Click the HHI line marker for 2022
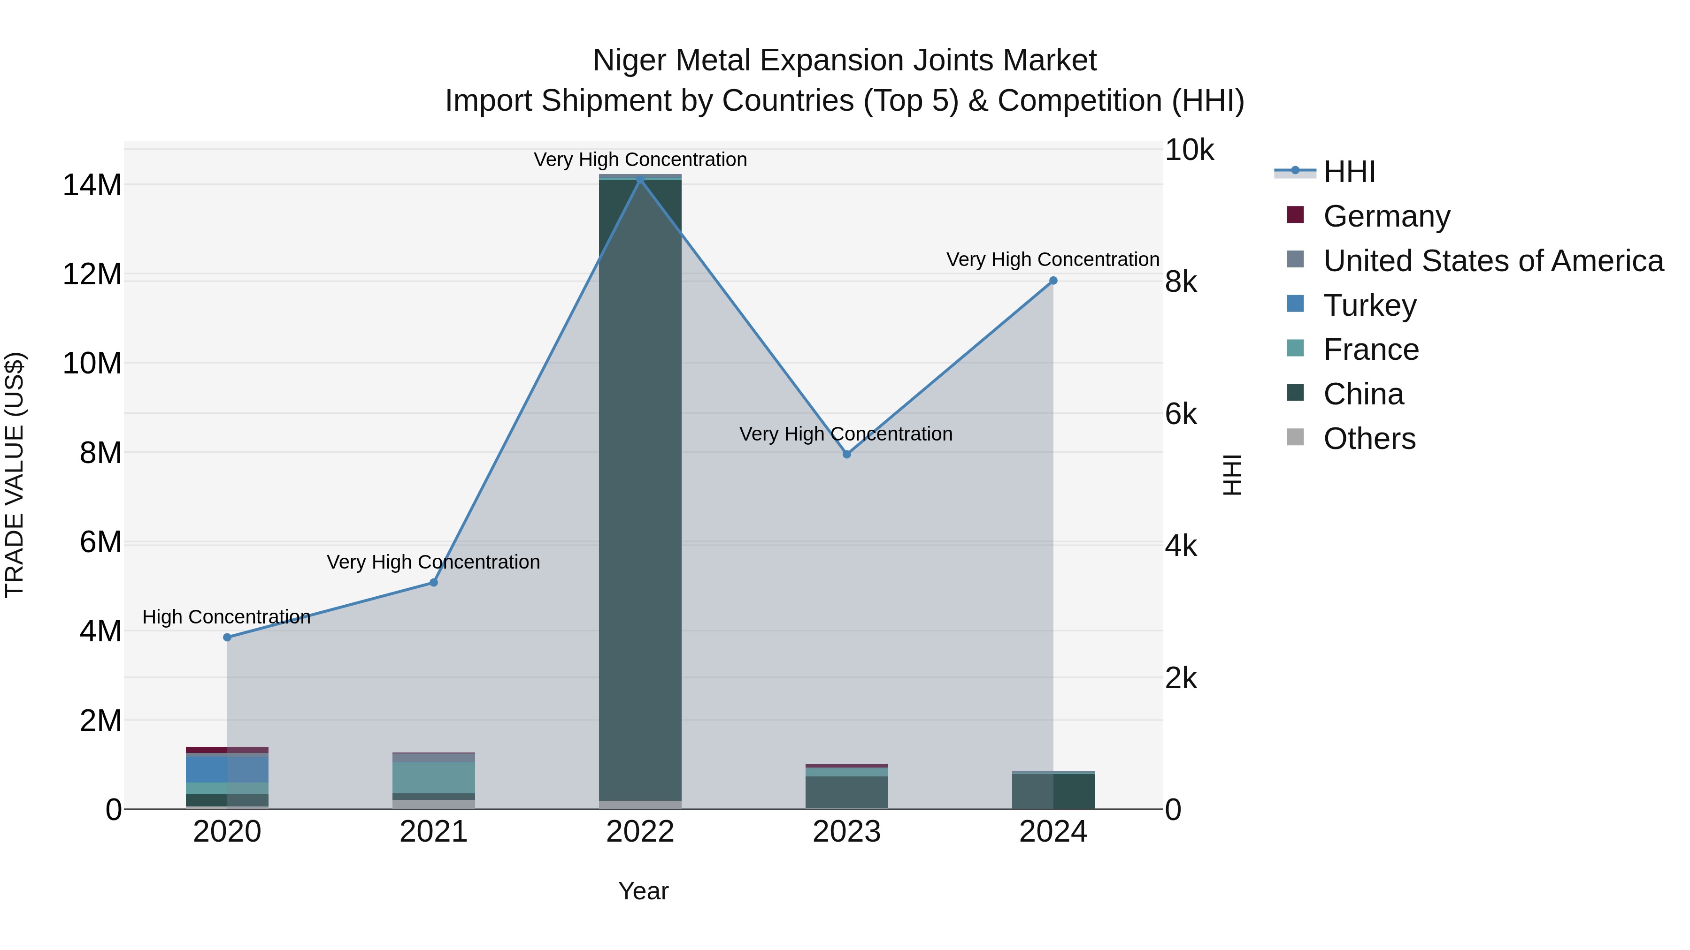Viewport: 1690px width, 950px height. coord(640,179)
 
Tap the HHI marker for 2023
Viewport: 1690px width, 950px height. coord(846,454)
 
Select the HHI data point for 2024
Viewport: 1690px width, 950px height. coord(1053,281)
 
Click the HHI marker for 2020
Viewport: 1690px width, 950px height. coord(227,637)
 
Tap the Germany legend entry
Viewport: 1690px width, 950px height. coord(1386,216)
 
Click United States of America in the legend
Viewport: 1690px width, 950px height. coord(1492,261)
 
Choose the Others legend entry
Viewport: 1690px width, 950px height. coord(1369,439)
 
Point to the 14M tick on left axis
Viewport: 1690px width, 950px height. coord(92,185)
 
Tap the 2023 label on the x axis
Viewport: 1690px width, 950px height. coord(846,832)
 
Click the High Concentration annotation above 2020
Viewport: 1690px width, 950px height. coord(226,617)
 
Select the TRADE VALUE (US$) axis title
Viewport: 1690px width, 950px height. coord(15,475)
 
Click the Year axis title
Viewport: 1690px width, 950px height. coord(643,891)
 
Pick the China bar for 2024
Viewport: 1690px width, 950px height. coord(1053,791)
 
